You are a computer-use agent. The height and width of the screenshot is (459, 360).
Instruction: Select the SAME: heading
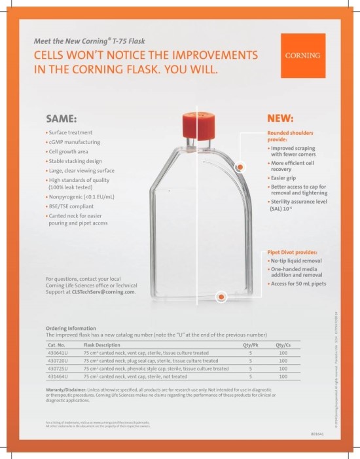click(x=61, y=119)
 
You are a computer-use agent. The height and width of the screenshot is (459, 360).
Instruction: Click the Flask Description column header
click(x=101, y=344)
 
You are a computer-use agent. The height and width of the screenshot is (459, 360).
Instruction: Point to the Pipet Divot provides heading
click(x=292, y=252)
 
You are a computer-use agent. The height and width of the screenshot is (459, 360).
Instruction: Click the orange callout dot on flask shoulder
click(x=240, y=168)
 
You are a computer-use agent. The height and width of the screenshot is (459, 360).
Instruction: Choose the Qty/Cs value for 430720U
click(x=283, y=360)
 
